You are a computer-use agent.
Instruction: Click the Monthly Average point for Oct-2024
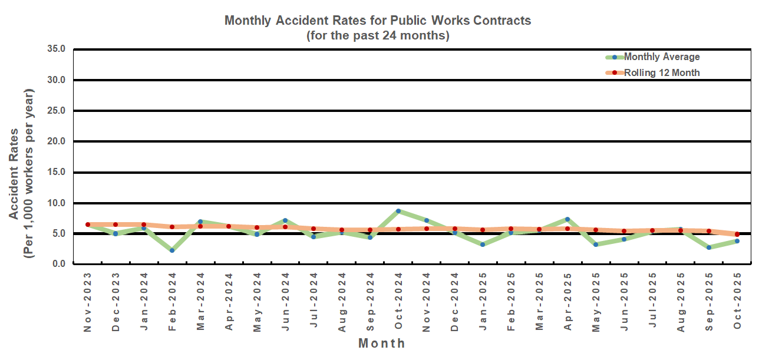[398, 211]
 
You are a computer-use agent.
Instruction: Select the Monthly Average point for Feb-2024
[172, 250]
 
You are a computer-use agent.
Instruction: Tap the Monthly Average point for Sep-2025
[709, 247]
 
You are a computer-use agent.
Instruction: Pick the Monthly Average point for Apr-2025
[567, 219]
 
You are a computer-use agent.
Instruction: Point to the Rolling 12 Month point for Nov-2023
[88, 224]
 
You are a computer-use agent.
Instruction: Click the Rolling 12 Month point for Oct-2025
[737, 235]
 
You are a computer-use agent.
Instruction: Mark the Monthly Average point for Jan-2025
[483, 244]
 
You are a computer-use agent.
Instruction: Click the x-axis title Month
[382, 344]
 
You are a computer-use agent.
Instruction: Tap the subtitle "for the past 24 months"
[378, 35]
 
